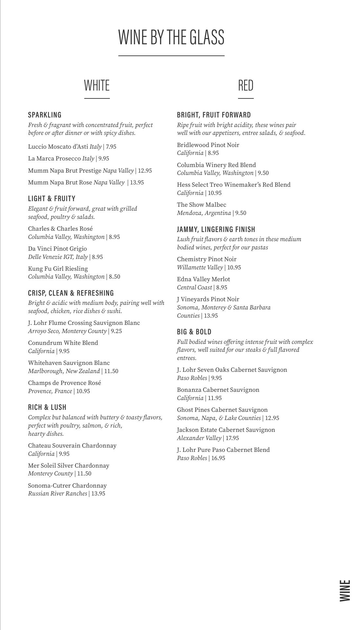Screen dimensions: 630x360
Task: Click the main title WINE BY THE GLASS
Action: (x=171, y=37)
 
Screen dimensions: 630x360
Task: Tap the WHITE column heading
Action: (x=97, y=85)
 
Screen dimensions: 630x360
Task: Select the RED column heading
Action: (x=246, y=85)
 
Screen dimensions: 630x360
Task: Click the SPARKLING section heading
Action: (x=45, y=115)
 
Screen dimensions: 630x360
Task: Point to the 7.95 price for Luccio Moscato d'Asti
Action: (x=111, y=147)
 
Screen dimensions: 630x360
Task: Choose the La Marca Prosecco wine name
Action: (x=54, y=158)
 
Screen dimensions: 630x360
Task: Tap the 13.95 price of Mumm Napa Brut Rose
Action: (x=137, y=182)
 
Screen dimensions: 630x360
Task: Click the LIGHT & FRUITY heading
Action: (x=52, y=199)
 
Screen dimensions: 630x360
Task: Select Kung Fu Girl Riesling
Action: (x=58, y=269)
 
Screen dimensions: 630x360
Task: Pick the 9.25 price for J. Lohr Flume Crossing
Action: (x=116, y=331)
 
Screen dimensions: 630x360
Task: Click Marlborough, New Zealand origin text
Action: (x=64, y=371)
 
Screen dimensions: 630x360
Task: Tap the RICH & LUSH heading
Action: (x=47, y=407)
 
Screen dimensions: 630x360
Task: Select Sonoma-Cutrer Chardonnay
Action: (x=67, y=486)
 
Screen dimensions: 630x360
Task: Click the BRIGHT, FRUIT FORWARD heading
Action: (x=214, y=115)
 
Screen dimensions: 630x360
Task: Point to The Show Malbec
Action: (x=202, y=205)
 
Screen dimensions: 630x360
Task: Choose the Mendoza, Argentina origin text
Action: (x=204, y=213)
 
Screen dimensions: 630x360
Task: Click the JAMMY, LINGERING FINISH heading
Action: (x=216, y=229)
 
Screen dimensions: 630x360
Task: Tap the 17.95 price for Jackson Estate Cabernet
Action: (x=232, y=438)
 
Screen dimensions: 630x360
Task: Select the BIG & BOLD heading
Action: (x=194, y=332)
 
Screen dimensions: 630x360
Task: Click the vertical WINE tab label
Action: (x=345, y=591)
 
